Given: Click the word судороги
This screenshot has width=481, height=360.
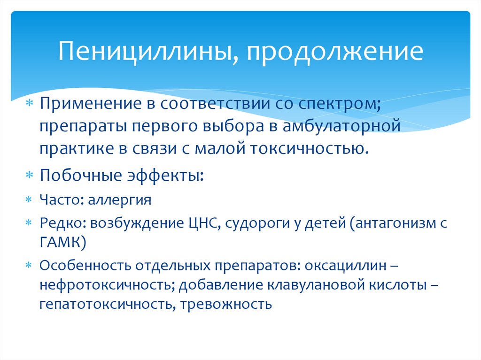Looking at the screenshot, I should coord(261,224).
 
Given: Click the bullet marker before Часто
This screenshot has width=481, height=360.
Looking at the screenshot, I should coord(28,200).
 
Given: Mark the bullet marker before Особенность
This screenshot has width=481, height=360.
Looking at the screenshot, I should coord(28,265).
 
